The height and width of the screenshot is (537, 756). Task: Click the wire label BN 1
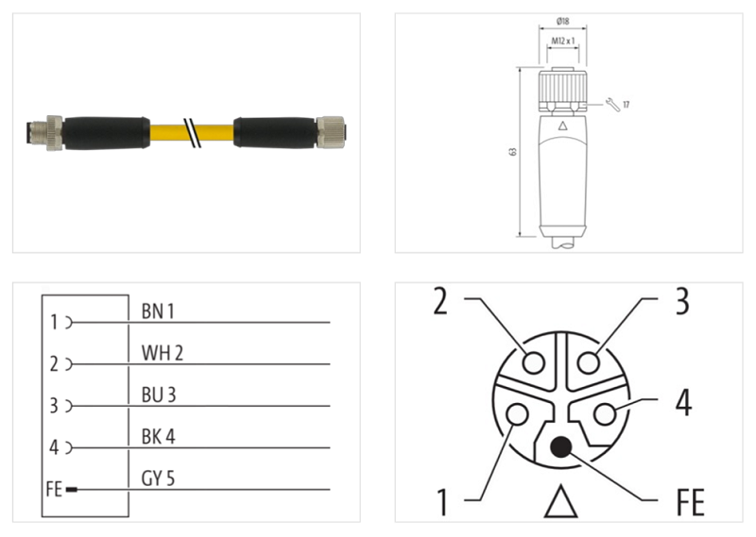point(159,310)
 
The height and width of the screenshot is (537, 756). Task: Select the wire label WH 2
point(162,353)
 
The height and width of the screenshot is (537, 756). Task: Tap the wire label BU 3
point(159,394)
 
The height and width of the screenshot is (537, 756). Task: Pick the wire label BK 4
point(159,437)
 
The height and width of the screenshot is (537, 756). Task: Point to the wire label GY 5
point(159,478)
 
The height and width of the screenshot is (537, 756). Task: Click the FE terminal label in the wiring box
point(54,490)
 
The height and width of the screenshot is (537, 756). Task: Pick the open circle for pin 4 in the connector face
point(606,413)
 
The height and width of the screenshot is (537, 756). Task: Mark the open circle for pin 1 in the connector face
point(518,413)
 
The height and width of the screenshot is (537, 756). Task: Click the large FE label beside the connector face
point(690,501)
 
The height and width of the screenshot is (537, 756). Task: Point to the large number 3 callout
point(680,302)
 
